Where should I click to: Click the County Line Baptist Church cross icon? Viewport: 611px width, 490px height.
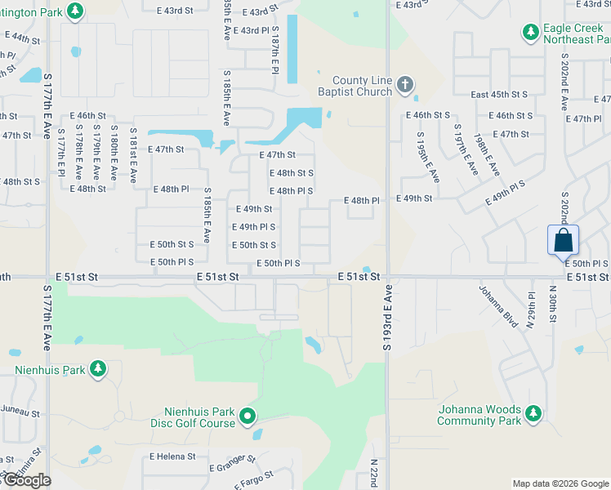[404, 84]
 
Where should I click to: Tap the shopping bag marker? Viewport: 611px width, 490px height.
[563, 241]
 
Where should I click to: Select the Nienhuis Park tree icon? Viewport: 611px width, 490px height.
[97, 369]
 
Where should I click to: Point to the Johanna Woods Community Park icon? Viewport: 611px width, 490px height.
[533, 414]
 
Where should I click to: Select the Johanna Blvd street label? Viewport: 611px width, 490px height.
[498, 307]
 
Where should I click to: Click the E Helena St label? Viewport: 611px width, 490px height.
[172, 457]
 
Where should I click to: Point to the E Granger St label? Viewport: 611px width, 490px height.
[233, 465]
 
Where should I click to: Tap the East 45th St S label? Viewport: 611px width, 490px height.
[500, 95]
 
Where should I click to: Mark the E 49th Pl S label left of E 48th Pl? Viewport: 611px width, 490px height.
[253, 227]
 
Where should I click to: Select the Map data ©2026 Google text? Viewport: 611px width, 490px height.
[560, 483]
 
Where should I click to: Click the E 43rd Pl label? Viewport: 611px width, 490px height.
[251, 31]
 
